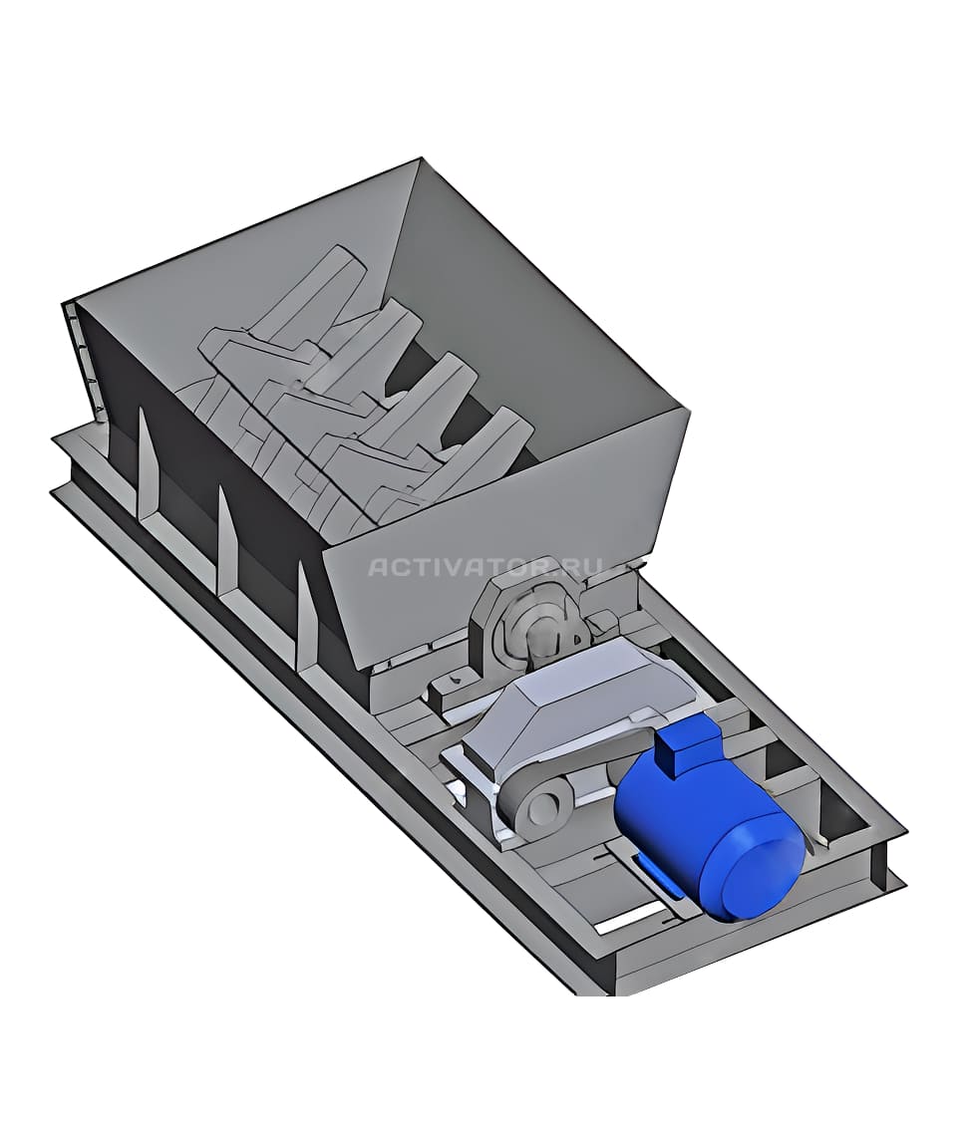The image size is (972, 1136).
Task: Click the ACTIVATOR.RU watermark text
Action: tap(485, 566)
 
